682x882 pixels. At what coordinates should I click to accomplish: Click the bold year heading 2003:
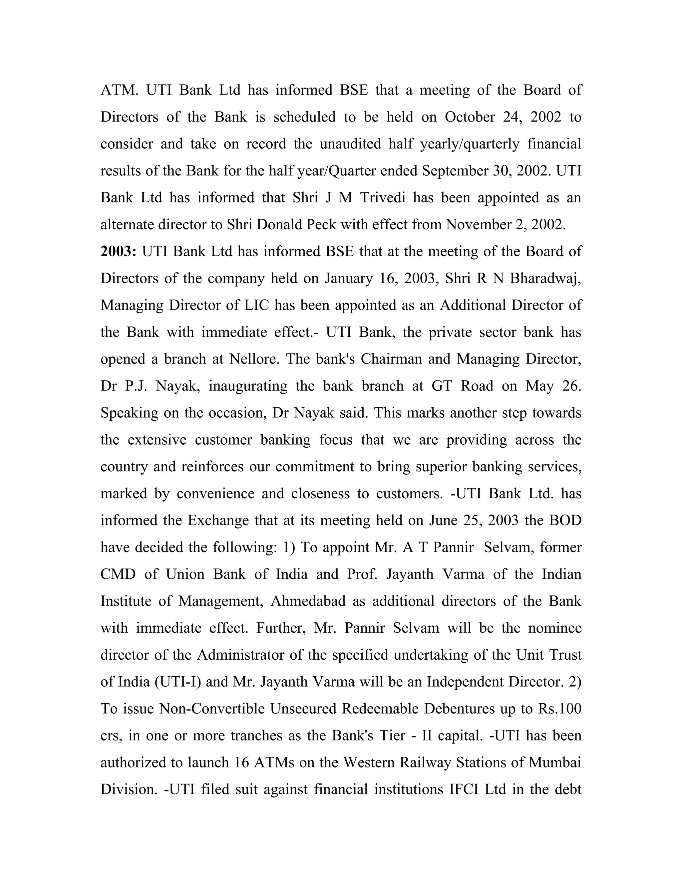point(118,251)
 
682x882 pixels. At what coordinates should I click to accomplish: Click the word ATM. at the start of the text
point(119,90)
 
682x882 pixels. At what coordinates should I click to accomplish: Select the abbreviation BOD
point(565,521)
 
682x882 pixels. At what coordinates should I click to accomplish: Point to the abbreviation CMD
point(118,574)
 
